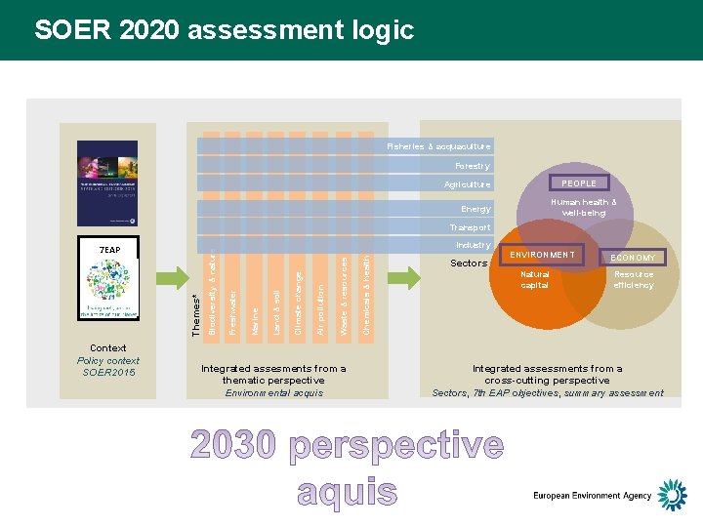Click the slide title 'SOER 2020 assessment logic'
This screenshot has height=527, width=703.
[224, 30]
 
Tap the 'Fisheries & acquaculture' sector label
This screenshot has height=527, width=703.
[438, 146]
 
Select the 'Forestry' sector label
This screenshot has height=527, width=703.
[473, 166]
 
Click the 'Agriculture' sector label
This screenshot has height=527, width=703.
[468, 184]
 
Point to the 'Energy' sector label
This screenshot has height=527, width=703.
[476, 209]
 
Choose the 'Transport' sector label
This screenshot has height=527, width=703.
[470, 227]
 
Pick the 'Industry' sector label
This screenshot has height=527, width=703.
[474, 245]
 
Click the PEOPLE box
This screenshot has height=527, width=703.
[579, 182]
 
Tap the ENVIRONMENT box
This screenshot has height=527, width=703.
[542, 255]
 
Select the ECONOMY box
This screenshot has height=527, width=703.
[633, 258]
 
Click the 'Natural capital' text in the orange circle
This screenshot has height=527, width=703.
[535, 280]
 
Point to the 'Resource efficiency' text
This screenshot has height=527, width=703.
[633, 280]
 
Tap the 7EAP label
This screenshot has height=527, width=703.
[110, 250]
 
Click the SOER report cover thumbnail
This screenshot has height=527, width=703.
[107, 183]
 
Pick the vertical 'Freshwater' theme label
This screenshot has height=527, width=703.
[232, 310]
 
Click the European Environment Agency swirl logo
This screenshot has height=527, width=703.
[672, 495]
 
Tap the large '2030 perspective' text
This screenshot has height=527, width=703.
[348, 446]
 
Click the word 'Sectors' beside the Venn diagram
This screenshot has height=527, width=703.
[469, 263]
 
